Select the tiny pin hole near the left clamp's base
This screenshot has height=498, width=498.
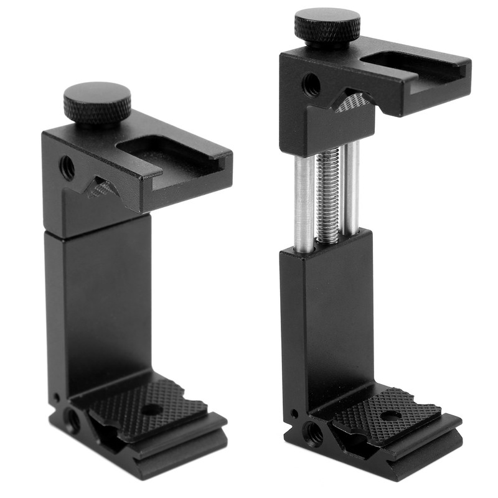(57, 397)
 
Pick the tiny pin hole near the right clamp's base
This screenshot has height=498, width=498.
(294, 413)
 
